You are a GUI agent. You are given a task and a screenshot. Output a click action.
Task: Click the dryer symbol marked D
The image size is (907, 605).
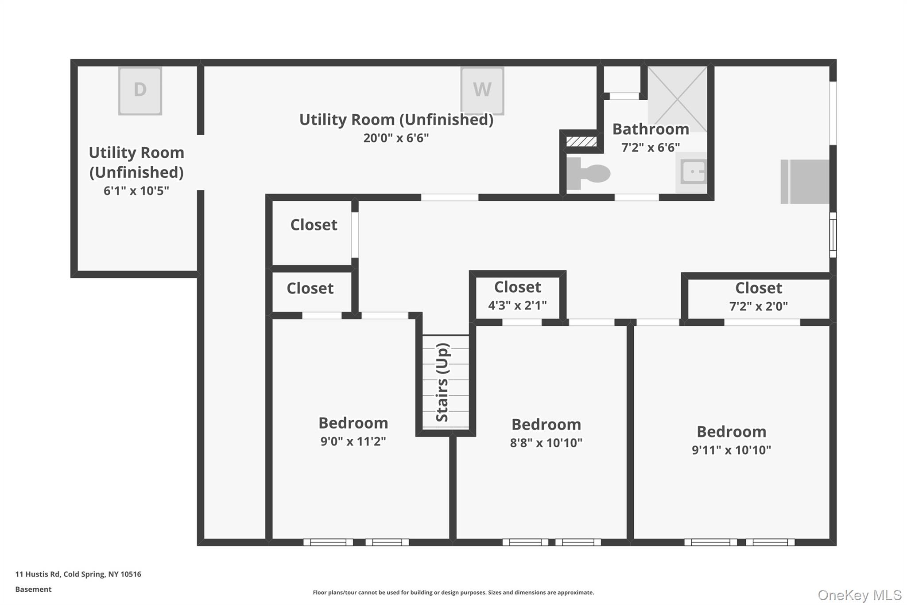[x=140, y=90]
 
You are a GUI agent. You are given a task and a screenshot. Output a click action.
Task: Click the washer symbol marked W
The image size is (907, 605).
[x=482, y=90]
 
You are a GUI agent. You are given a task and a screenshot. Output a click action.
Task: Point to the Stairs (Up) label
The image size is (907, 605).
[x=443, y=382]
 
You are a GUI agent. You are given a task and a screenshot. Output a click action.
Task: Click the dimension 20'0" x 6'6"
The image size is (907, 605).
[x=396, y=138]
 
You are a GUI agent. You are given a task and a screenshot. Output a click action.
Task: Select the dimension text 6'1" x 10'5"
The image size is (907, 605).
[x=136, y=191]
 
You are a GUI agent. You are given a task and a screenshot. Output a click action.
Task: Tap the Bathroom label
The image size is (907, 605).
[x=651, y=129]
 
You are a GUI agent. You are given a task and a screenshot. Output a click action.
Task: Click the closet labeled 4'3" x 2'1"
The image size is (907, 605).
[x=517, y=296]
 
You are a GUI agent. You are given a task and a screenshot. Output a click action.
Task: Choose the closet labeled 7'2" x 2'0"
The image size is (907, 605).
[x=758, y=297]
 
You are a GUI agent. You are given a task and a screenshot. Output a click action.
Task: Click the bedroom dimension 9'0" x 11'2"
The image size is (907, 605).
[x=353, y=441]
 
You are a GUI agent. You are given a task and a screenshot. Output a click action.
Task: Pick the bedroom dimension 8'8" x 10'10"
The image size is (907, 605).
[x=546, y=443]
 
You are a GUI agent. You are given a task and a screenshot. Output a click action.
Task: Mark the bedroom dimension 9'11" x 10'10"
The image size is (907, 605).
[x=731, y=450]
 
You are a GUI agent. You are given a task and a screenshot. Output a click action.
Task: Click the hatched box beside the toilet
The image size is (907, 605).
[x=581, y=141]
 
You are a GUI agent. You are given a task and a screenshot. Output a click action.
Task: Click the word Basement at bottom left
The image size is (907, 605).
[x=33, y=589]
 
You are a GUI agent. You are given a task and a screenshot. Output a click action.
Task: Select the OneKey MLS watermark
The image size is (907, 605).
[x=859, y=595]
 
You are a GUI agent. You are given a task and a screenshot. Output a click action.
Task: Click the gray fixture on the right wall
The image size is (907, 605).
[x=805, y=182]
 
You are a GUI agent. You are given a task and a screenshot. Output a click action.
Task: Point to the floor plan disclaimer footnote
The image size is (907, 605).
[x=453, y=592]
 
